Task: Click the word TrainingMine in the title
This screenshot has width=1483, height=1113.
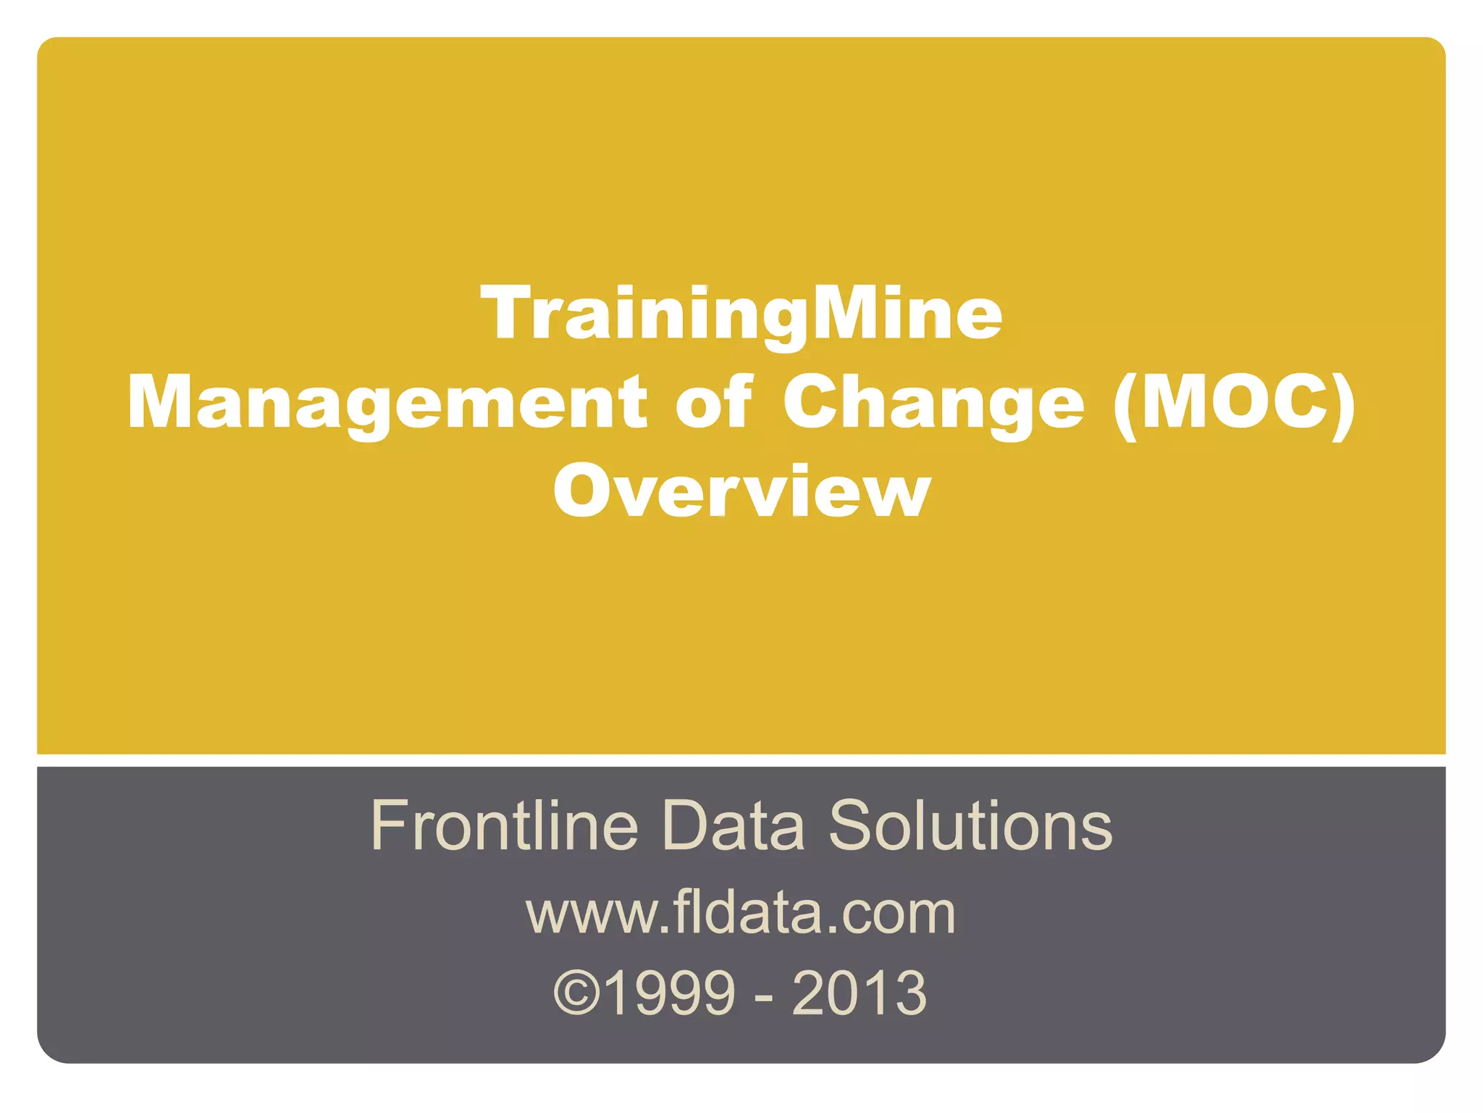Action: point(741,313)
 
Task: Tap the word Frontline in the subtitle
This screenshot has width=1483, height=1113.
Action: point(505,825)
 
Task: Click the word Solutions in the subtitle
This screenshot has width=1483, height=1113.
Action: point(970,825)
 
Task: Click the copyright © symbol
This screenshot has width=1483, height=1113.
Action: point(577,993)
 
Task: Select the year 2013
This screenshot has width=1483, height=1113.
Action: point(860,993)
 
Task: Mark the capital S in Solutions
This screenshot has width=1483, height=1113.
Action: point(850,825)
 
